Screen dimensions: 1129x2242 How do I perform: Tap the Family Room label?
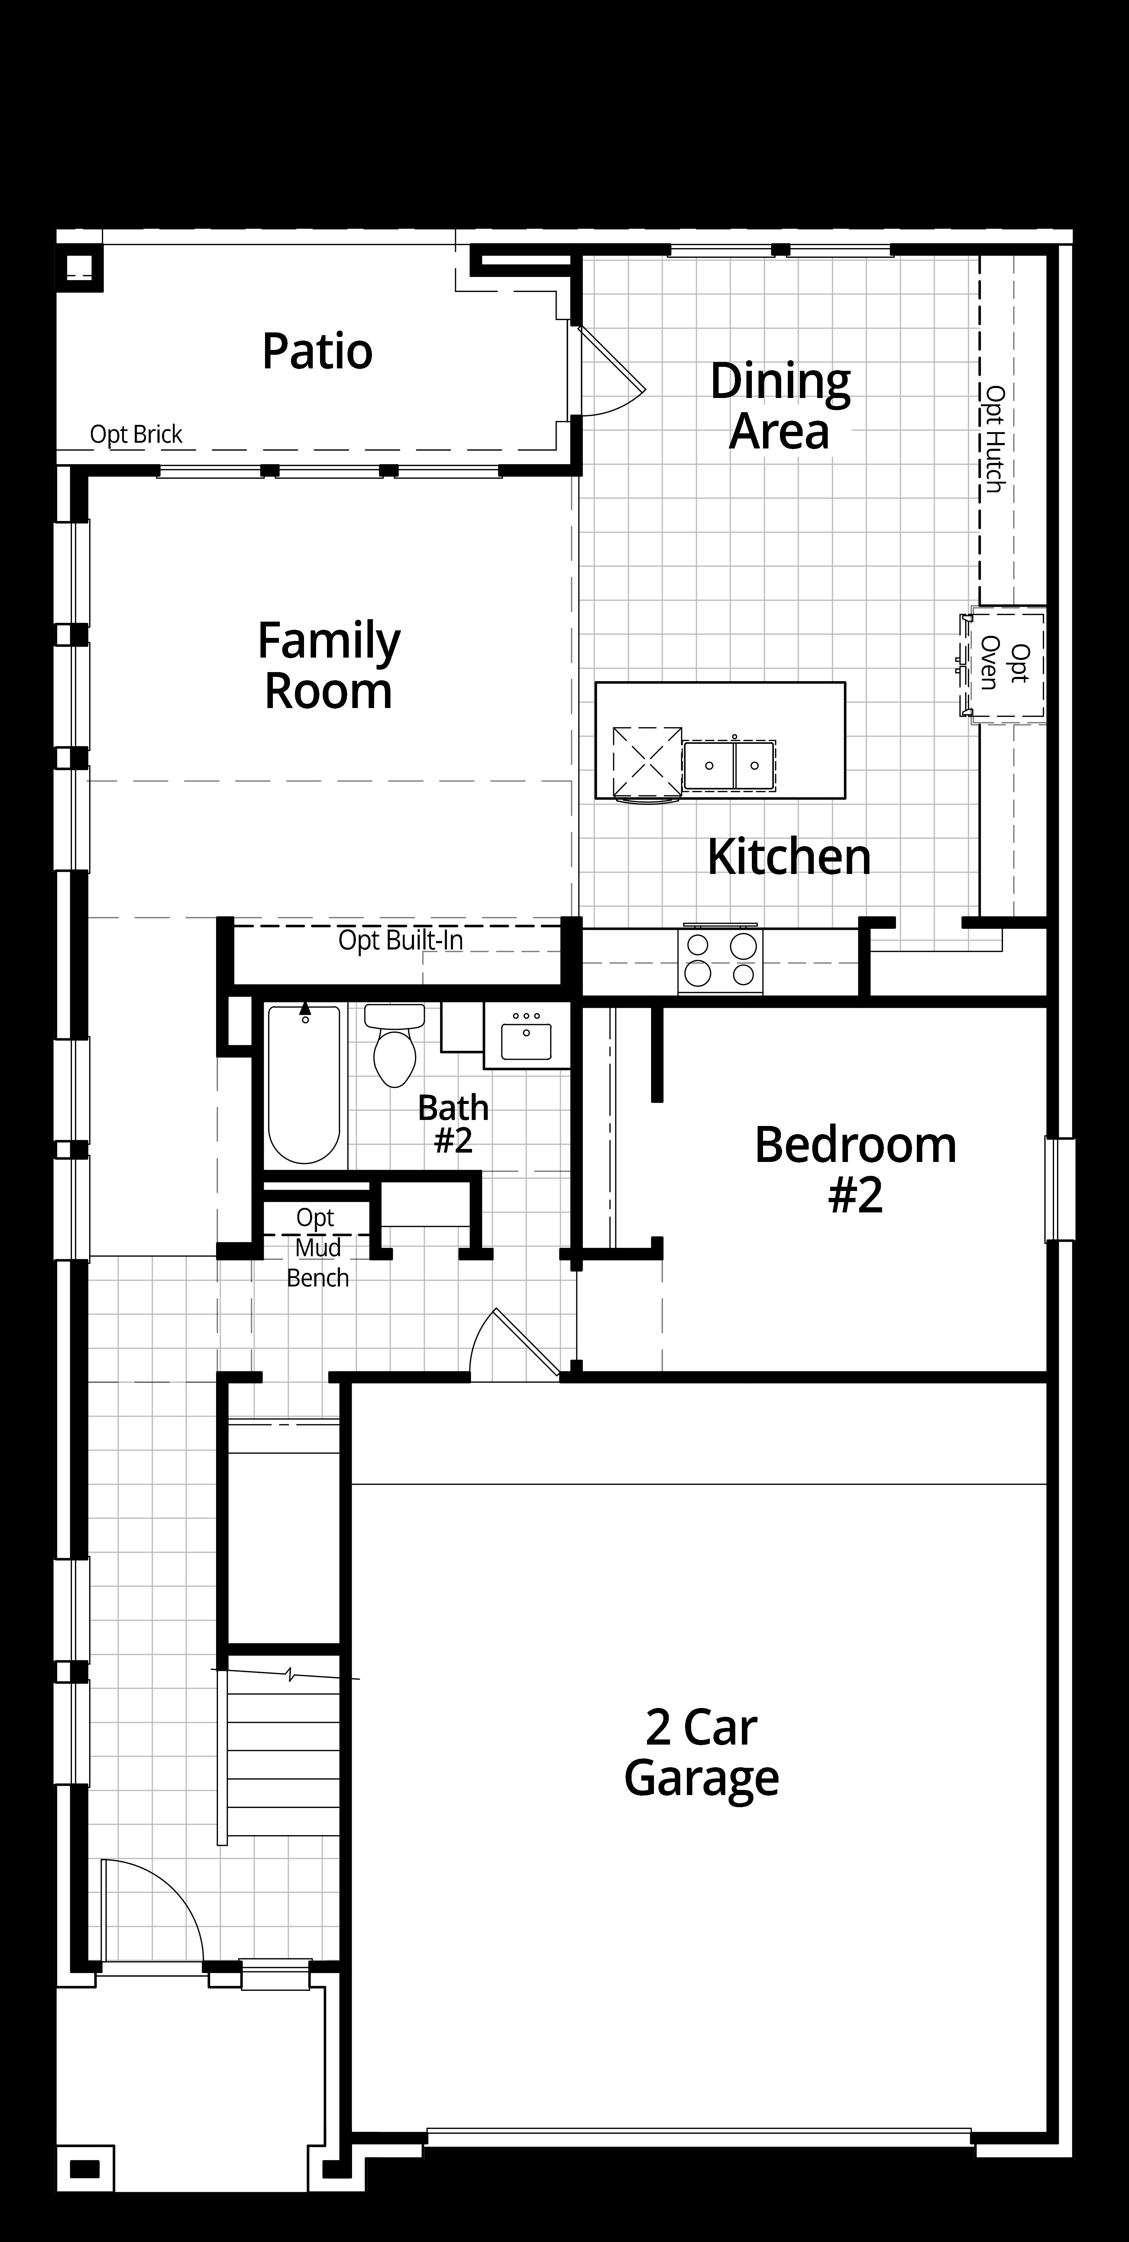pyautogui.click(x=329, y=666)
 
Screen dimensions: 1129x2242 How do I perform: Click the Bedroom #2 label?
pyautogui.click(x=855, y=1169)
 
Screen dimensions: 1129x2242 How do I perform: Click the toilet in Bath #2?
pyautogui.click(x=394, y=1044)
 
